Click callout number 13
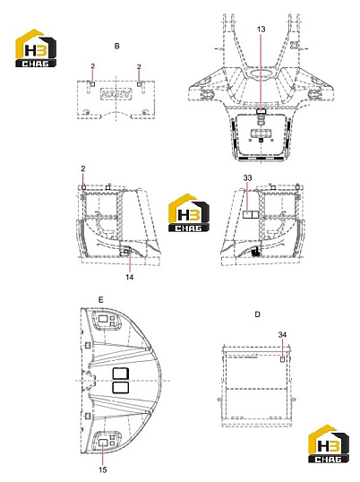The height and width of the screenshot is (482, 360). point(261,30)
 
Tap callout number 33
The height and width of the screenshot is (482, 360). point(247,177)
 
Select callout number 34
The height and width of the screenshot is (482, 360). point(282,334)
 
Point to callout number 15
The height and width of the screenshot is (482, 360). point(103,469)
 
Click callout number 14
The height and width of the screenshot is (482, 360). point(130,277)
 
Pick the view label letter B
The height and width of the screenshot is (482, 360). point(116,46)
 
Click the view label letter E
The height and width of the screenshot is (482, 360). point(101,300)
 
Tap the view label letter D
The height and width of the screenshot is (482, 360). point(257,314)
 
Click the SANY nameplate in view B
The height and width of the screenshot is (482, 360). point(116,94)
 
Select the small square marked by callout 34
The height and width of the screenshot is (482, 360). point(282,359)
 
